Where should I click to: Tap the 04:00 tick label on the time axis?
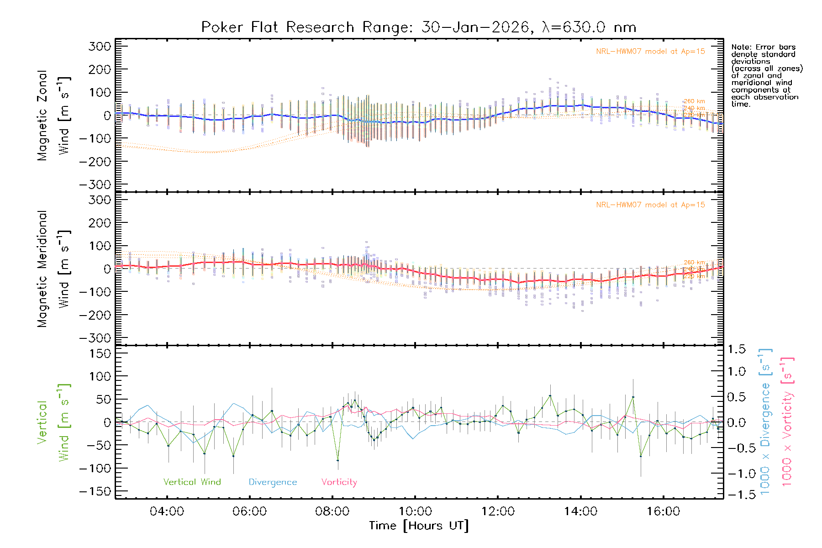click(x=167, y=511)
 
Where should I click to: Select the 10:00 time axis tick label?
click(x=415, y=511)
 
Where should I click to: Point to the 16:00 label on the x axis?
click(x=663, y=511)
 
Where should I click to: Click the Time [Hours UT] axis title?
click(x=418, y=526)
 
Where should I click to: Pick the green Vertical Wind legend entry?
click(x=192, y=482)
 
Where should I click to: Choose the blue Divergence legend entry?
click(x=273, y=482)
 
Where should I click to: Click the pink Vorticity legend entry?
click(x=339, y=482)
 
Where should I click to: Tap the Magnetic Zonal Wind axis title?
click(x=53, y=115)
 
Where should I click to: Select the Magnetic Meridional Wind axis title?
click(x=53, y=269)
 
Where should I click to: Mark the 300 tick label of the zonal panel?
click(x=100, y=46)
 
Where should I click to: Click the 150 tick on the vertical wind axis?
click(x=100, y=353)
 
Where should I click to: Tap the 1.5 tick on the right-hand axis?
click(x=737, y=349)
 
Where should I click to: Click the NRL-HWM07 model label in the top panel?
click(x=650, y=52)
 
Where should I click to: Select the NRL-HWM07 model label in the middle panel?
click(x=650, y=205)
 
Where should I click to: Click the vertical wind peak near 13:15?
click(x=550, y=395)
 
